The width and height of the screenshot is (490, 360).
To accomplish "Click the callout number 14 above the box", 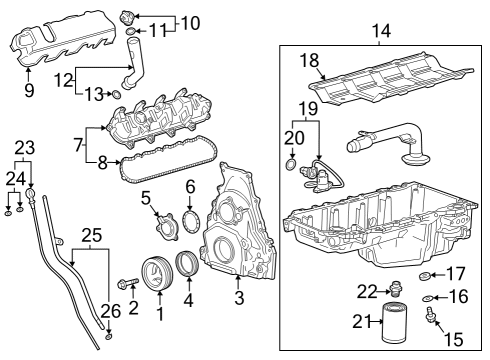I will [377, 32].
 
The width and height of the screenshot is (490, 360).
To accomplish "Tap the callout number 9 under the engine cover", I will [29, 91].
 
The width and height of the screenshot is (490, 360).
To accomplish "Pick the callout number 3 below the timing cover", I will [238, 298].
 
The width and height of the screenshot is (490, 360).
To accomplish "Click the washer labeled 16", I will [429, 298].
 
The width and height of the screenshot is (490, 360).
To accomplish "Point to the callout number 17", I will [455, 274].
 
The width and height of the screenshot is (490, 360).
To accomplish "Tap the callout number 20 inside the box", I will [291, 135].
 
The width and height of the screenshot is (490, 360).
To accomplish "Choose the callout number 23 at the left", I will [23, 146].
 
